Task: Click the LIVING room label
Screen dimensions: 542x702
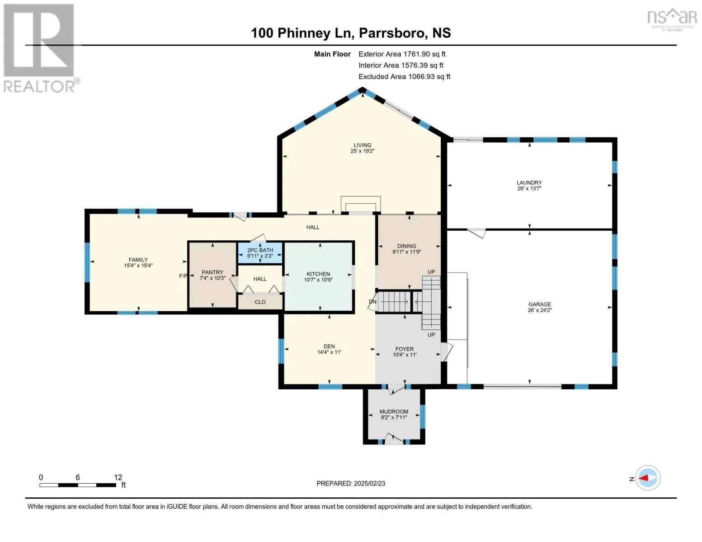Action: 362,145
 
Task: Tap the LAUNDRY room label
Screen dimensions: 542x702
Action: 529,182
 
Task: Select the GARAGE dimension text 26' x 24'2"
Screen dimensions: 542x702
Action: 539,310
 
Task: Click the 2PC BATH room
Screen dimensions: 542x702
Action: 260,253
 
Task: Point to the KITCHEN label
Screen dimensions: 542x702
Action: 318,274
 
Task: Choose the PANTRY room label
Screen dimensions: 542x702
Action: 212,272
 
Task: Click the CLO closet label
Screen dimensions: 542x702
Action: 260,302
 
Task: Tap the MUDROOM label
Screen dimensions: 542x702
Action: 394,411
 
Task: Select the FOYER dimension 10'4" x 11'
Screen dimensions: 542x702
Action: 404,355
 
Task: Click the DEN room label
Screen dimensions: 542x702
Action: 329,346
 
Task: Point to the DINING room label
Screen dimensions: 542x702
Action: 406,246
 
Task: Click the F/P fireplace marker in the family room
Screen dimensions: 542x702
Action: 183,276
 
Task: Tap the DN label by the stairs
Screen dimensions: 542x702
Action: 372,302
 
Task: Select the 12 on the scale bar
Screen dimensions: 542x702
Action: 118,477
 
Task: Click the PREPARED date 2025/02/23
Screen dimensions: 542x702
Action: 369,483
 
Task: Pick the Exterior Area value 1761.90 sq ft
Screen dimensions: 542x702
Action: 424,54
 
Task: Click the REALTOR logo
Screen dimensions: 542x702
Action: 40,48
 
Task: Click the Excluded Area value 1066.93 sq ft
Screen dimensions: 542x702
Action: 429,76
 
